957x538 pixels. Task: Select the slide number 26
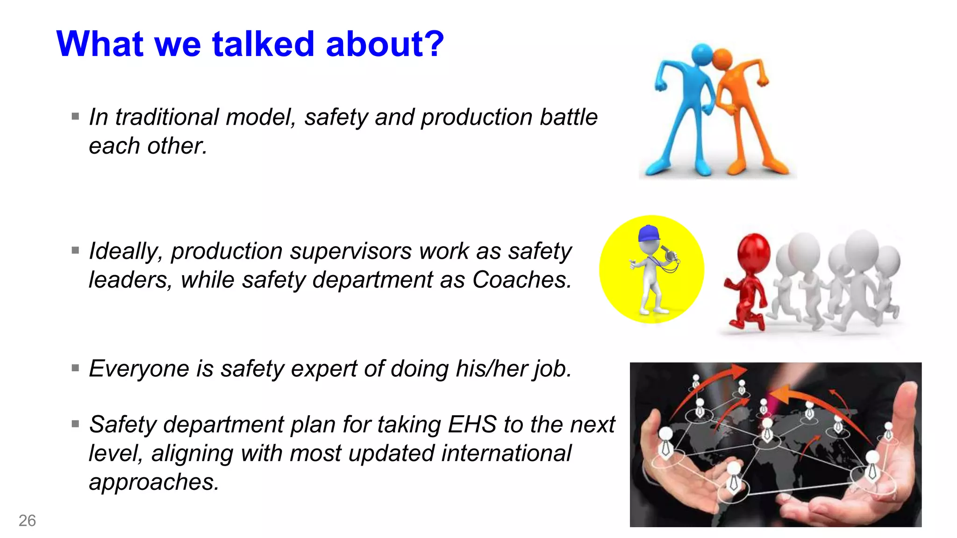[x=27, y=520]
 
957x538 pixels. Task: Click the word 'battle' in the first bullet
[x=569, y=117]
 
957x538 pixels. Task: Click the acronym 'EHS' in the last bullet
[x=472, y=425]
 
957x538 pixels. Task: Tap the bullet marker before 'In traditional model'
[x=75, y=116]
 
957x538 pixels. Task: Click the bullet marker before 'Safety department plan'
[x=75, y=424]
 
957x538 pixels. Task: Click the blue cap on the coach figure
[x=649, y=233]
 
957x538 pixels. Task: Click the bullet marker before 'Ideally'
[x=75, y=250]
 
